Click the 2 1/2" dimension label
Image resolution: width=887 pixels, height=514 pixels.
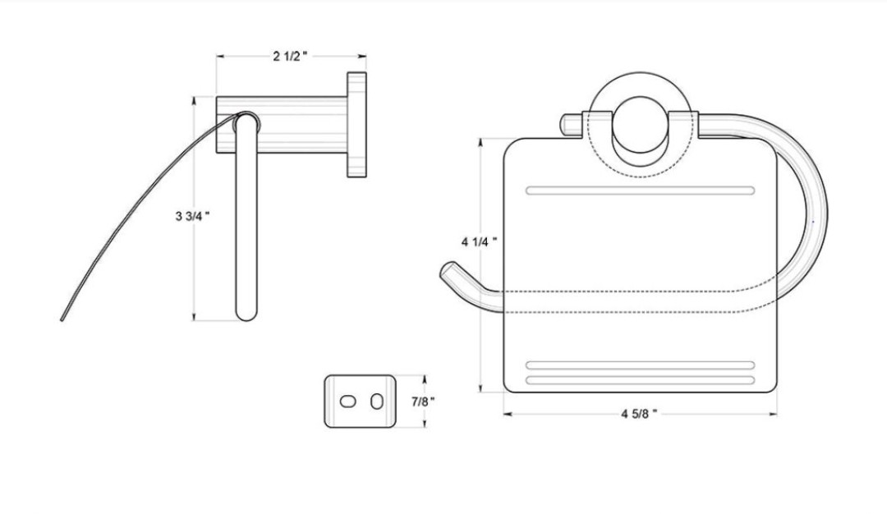coord(290,56)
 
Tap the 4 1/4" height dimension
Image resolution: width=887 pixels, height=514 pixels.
coord(479,242)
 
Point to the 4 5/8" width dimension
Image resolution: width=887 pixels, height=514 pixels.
coord(639,414)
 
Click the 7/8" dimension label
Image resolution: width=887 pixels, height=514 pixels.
coord(423,402)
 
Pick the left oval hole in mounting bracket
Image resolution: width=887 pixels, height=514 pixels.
coord(348,402)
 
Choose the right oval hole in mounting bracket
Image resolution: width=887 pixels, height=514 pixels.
coord(377,402)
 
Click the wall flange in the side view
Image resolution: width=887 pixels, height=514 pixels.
coord(356,125)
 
